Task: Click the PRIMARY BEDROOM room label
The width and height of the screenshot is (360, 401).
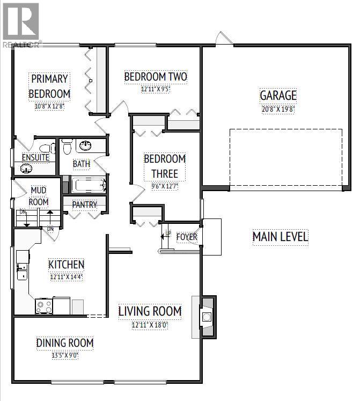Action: pyautogui.click(x=49, y=86)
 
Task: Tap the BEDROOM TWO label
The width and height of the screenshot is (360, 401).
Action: pyautogui.click(x=155, y=77)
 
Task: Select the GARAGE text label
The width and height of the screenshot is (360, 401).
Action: pyautogui.click(x=278, y=96)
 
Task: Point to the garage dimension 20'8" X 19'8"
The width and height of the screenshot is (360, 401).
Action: pyautogui.click(x=278, y=108)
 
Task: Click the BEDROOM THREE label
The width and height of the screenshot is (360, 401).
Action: pyautogui.click(x=165, y=166)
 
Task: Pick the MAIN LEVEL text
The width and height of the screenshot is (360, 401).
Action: pyautogui.click(x=280, y=237)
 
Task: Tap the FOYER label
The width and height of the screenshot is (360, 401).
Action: pyautogui.click(x=186, y=237)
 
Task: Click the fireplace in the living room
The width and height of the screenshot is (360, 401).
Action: pyautogui.click(x=206, y=317)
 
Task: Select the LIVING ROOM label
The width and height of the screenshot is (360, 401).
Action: pyautogui.click(x=150, y=311)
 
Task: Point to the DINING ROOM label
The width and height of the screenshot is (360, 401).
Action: pyautogui.click(x=65, y=343)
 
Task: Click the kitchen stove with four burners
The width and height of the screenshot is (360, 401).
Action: pyautogui.click(x=43, y=306)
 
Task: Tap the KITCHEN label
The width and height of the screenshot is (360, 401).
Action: pyautogui.click(x=67, y=264)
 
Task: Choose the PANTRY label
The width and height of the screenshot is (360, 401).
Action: pyautogui.click(x=84, y=205)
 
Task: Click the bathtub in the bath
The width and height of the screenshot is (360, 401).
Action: pyautogui.click(x=89, y=186)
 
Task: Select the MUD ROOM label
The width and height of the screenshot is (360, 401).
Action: pyautogui.click(x=39, y=196)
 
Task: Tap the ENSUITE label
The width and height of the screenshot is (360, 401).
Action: pyautogui.click(x=35, y=158)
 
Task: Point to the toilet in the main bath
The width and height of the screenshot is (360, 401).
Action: pyautogui.click(x=67, y=145)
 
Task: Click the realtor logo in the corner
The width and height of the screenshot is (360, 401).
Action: pyautogui.click(x=20, y=24)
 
